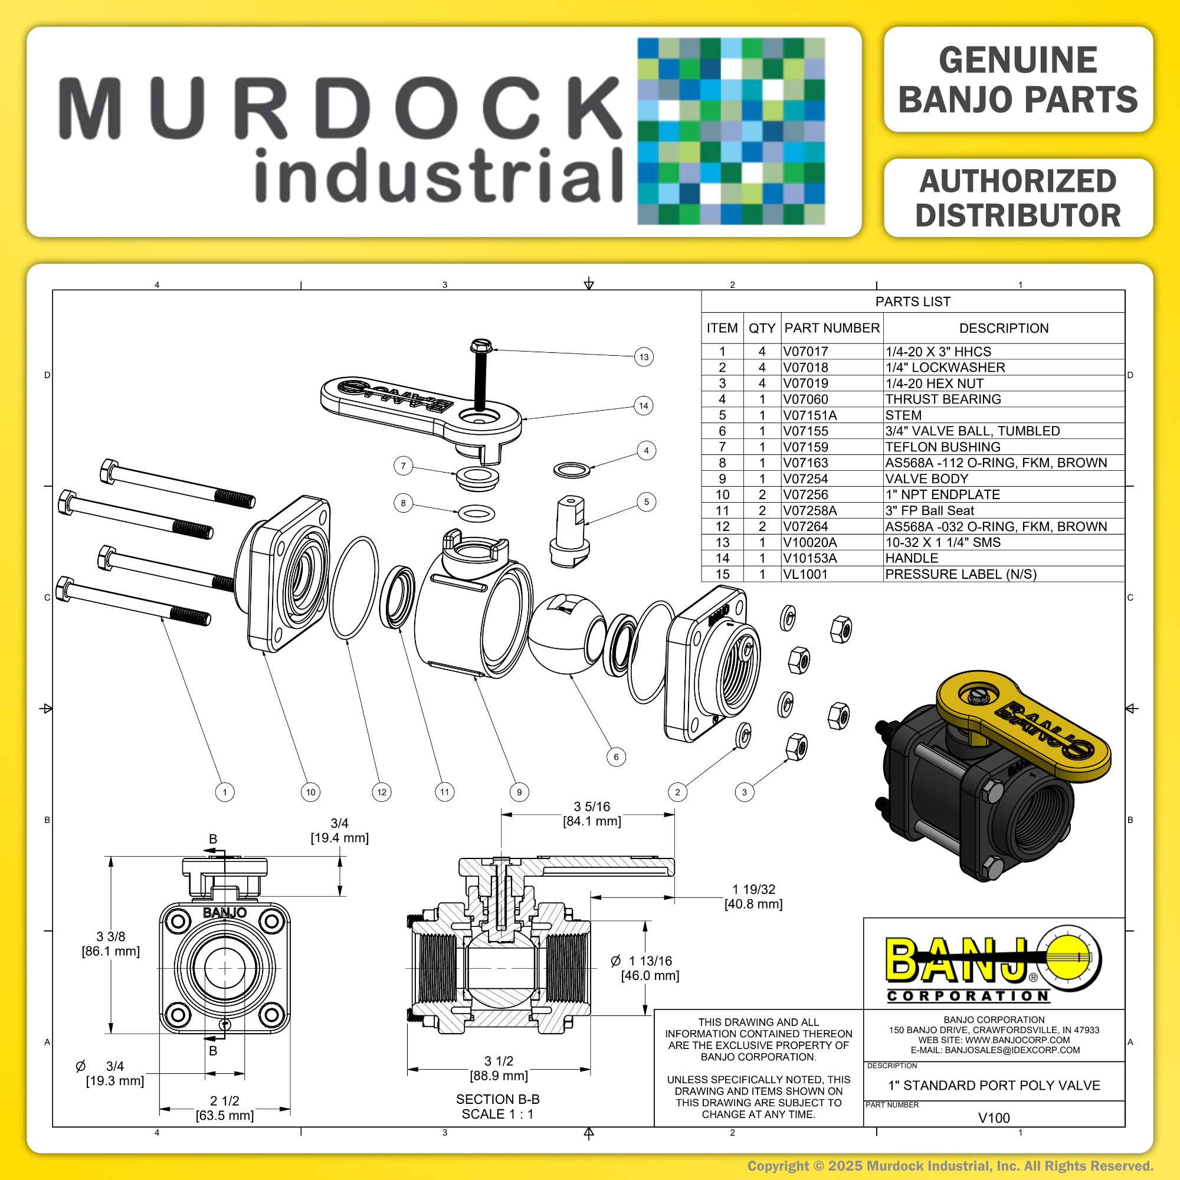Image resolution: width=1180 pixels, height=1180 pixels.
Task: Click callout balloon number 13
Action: (644, 357)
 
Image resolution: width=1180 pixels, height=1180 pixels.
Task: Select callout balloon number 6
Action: (617, 757)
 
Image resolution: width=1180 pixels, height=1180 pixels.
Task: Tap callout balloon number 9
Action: (519, 792)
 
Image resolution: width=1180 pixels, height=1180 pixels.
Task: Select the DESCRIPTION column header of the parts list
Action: (1004, 328)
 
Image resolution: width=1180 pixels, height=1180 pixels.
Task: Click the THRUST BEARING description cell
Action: (943, 399)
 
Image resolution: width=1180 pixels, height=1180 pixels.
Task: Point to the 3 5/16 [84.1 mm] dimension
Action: (592, 814)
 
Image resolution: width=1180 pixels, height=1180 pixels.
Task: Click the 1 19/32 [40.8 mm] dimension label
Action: (753, 897)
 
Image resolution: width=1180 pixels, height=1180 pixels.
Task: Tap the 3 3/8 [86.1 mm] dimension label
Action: (110, 943)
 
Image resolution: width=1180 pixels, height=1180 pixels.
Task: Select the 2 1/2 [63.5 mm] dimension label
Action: (225, 1108)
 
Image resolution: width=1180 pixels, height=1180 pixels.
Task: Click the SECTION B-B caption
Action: (498, 1099)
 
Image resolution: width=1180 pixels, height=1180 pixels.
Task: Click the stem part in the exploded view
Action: (570, 532)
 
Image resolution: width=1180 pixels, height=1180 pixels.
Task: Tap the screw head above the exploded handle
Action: (481, 346)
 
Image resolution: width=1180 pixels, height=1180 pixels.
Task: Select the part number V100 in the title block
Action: (994, 1117)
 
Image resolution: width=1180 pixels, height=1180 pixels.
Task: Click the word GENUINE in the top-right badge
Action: (1018, 60)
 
